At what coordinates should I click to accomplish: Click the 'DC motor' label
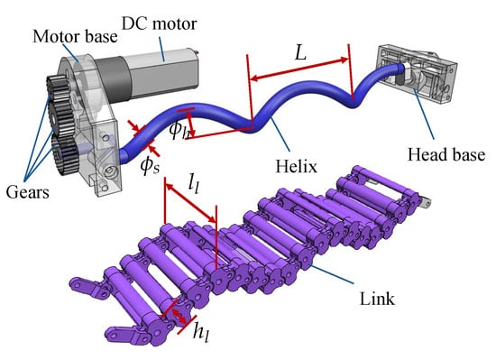tap(159, 24)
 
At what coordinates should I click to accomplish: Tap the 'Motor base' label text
tap(75, 37)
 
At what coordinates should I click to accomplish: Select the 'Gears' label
tap(28, 192)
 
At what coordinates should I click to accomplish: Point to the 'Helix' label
tap(296, 166)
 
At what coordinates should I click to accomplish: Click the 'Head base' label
tap(446, 154)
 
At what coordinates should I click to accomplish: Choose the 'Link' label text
tap(377, 299)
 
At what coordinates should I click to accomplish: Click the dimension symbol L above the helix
tap(300, 52)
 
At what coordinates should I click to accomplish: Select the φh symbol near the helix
tap(179, 130)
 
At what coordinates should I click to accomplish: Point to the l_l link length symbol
tap(194, 183)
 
